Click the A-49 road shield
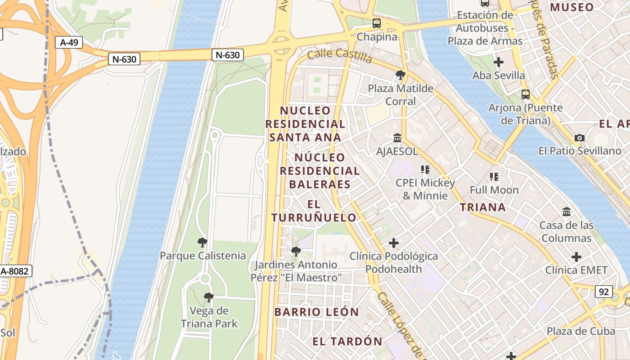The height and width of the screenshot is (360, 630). [x=69, y=43]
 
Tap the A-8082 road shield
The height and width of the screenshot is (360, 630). [x=15, y=271]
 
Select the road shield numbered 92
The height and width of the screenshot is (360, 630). [x=603, y=292]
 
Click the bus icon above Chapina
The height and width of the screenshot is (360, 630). [x=377, y=23]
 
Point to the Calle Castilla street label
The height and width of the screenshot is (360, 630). [x=340, y=55]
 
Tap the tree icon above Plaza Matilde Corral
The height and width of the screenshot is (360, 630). [x=400, y=75]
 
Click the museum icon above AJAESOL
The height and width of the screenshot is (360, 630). [x=397, y=138]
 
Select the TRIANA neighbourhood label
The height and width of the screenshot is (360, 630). [x=483, y=207]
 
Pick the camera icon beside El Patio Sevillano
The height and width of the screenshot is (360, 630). [x=580, y=138]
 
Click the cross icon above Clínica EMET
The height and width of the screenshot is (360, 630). [x=576, y=257]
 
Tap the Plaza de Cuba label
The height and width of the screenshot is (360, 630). [x=580, y=331]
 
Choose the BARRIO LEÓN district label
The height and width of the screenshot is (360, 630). [x=317, y=312]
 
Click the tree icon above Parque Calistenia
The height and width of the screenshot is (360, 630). [x=202, y=243]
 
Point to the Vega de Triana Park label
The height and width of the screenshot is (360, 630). [x=209, y=317]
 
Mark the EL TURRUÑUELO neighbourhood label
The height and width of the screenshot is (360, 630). [x=314, y=211]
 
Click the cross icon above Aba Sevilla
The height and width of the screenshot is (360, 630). [x=499, y=62]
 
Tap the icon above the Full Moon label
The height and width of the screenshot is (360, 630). [x=494, y=177]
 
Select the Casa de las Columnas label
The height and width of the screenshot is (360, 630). [x=567, y=231]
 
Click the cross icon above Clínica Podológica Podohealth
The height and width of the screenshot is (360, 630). [x=394, y=243]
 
